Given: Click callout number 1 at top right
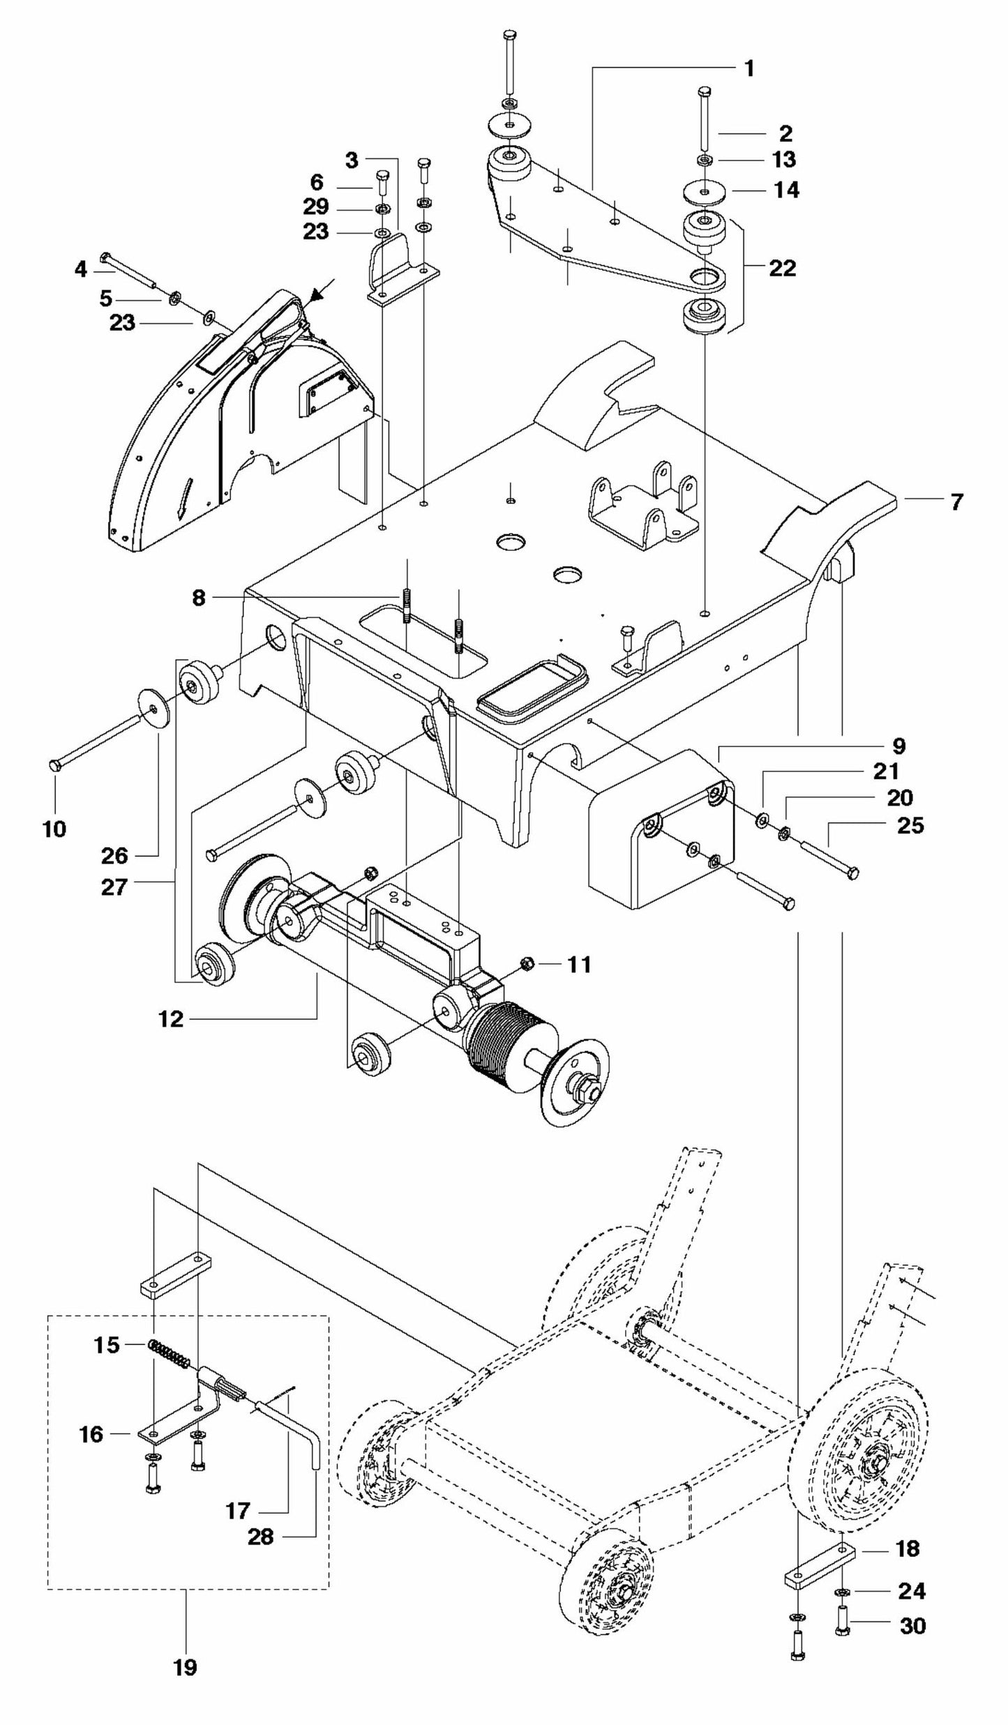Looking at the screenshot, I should (749, 68).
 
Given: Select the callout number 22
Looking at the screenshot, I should (782, 268).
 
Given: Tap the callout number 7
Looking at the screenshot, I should (956, 501).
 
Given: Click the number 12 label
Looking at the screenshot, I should (171, 1019).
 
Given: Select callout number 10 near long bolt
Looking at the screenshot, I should (54, 829).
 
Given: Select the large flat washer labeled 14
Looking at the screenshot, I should (704, 191).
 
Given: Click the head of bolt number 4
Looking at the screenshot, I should (105, 256).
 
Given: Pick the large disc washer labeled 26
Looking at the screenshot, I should (154, 707).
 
